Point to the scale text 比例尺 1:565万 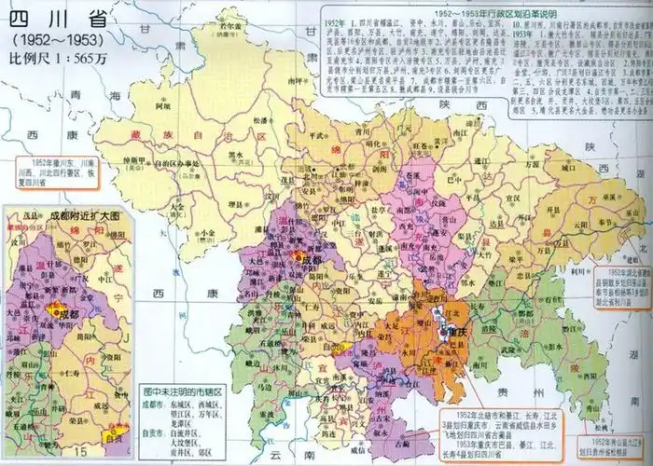click(59, 58)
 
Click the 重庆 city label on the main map click(454, 331)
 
